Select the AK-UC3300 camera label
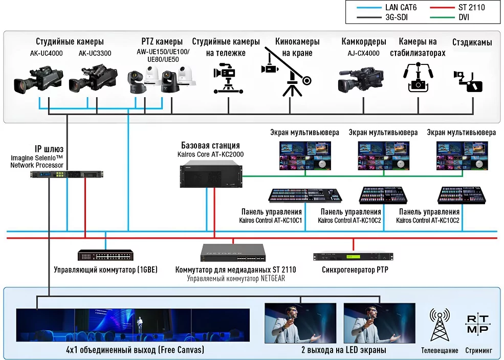pyautogui.click(x=95, y=53)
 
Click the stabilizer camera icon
pyautogui.click(x=419, y=77)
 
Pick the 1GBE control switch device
pyautogui.click(x=106, y=255)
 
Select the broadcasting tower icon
pyautogui.click(x=439, y=325)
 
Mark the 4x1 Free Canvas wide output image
pyautogui.click(x=133, y=325)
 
